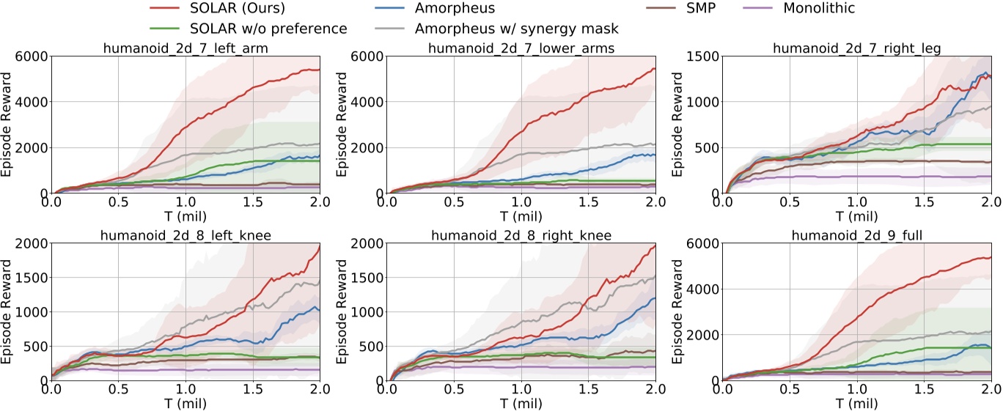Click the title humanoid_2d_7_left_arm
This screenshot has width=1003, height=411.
[185, 48]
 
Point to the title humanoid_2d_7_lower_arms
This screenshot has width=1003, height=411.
[521, 48]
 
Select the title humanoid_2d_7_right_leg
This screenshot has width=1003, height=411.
[857, 48]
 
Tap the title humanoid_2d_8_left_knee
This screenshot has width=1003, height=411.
[185, 235]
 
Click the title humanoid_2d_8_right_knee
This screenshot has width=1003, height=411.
[521, 235]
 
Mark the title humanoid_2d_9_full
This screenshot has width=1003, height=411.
[857, 235]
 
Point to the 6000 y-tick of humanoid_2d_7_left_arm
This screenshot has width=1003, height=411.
[32, 56]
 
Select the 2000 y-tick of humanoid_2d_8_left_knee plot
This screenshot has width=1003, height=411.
[32, 243]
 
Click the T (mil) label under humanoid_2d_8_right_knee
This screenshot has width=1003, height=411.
[521, 403]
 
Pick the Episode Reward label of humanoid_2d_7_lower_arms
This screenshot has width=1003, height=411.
[343, 125]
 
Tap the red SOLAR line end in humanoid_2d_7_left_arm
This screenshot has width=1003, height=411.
[319, 70]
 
